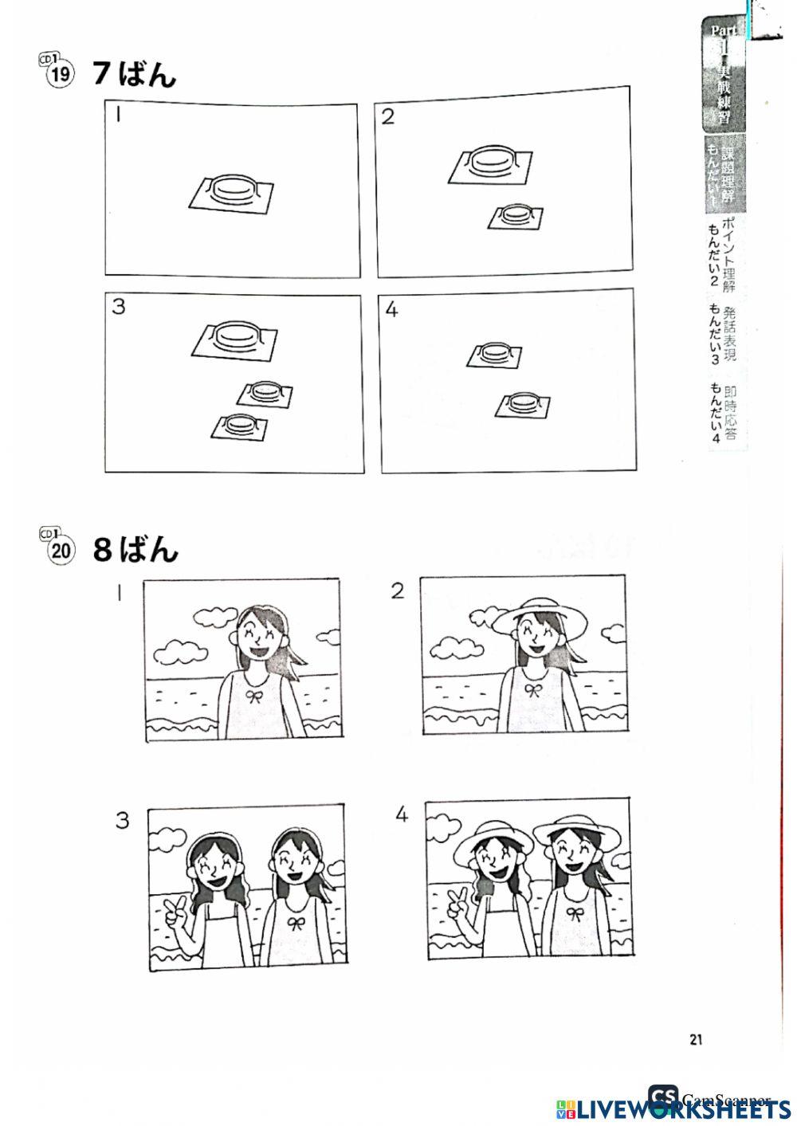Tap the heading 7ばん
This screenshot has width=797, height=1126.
(x=134, y=74)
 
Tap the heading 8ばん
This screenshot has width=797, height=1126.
(x=135, y=550)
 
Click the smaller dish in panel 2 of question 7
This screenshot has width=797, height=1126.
(x=516, y=214)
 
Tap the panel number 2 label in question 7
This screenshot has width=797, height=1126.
(x=387, y=117)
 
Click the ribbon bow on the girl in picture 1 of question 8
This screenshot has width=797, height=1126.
(x=255, y=696)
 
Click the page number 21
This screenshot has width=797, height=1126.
(x=696, y=1038)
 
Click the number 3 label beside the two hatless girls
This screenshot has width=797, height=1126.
(x=122, y=820)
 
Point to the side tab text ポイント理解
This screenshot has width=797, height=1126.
(x=727, y=254)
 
